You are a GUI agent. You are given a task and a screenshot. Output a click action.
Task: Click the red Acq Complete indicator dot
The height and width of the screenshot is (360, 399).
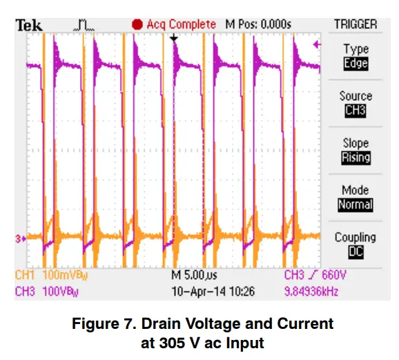pyautogui.click(x=137, y=24)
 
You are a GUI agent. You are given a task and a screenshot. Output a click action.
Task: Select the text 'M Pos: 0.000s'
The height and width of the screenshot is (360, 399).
pyautogui.click(x=258, y=24)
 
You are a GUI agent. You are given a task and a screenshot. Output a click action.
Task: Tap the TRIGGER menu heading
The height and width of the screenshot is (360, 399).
pyautogui.click(x=356, y=24)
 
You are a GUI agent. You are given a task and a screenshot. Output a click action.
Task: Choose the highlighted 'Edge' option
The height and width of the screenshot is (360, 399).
pyautogui.click(x=356, y=64)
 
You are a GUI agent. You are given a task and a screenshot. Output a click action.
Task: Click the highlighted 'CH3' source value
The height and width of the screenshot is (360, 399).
pyautogui.click(x=356, y=111)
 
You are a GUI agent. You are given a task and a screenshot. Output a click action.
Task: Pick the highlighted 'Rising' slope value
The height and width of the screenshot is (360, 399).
pyautogui.click(x=356, y=158)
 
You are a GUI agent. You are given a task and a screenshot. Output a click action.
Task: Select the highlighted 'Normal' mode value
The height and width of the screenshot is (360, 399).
pyautogui.click(x=356, y=205)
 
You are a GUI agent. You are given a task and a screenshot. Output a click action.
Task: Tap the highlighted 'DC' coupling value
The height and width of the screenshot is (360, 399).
pyautogui.click(x=356, y=252)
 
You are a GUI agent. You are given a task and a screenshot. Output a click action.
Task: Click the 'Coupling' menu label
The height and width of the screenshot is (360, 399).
pyautogui.click(x=356, y=237)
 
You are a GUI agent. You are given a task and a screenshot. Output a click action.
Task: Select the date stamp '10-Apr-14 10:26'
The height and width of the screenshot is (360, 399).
pyautogui.click(x=213, y=292)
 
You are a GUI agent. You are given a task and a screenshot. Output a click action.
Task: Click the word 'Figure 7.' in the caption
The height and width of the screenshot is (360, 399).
pyautogui.click(x=146, y=323)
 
